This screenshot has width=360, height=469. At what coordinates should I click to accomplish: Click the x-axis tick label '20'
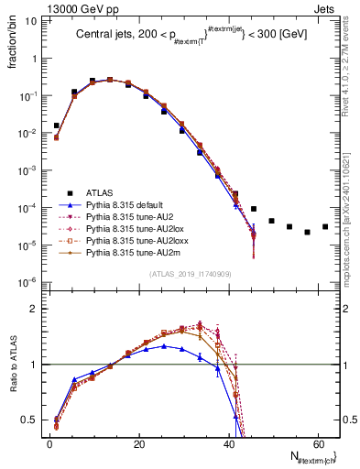138,442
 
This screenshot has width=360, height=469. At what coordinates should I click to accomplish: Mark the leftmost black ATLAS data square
57,125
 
